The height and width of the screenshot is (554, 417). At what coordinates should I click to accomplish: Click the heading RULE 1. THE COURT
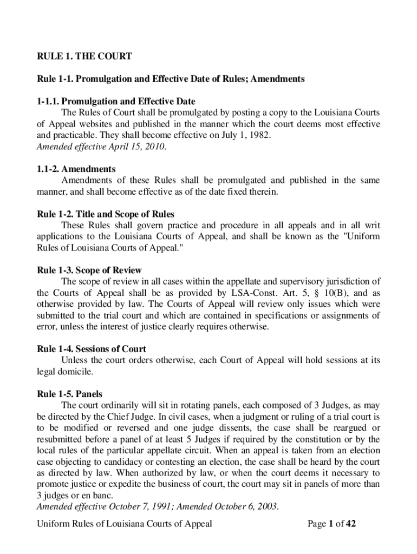tap(84, 56)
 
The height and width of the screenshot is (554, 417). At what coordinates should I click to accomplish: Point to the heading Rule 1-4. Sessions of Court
tap(91, 349)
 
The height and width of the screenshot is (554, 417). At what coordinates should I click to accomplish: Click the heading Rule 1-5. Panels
tap(69, 394)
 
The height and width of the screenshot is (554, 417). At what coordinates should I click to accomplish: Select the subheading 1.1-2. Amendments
tap(76, 169)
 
